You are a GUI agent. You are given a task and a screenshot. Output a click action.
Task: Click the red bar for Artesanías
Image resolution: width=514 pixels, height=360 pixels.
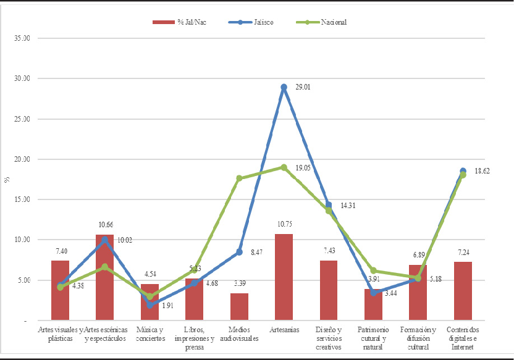284,277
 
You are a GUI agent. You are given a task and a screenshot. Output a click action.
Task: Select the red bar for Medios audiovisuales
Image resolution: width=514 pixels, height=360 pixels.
239,306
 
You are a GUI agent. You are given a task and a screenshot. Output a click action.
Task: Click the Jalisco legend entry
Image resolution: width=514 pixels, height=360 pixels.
253,22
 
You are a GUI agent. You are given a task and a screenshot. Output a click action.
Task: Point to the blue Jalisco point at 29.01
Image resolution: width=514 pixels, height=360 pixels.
284,87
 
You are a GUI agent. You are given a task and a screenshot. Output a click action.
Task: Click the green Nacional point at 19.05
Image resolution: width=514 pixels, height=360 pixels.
284,167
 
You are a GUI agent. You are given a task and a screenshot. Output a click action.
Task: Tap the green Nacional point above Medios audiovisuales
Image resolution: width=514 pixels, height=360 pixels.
239,178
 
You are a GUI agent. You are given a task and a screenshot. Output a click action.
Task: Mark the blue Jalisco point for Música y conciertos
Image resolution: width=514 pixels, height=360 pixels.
150,305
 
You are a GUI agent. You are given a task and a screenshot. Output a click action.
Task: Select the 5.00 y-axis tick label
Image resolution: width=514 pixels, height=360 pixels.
24,280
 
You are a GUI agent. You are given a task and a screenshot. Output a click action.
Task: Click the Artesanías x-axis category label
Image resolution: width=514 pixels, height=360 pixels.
284,330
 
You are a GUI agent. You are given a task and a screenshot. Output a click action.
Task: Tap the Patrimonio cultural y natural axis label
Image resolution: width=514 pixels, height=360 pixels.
373,338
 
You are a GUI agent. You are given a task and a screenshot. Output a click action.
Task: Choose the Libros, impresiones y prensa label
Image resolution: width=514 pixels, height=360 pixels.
194,338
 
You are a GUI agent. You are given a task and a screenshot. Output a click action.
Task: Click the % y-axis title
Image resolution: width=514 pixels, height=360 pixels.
7,180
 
